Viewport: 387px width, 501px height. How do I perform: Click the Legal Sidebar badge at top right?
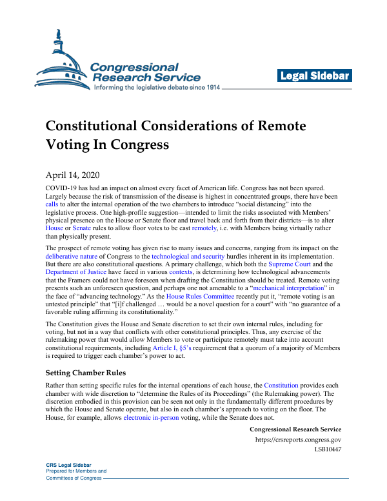click(315, 76)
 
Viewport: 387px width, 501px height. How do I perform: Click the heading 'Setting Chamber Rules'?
click(85, 373)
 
